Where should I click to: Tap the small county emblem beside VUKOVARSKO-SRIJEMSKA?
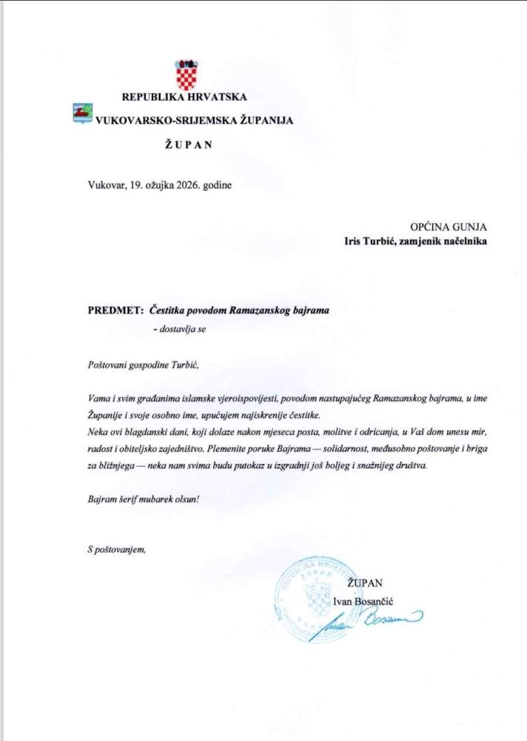[81, 113]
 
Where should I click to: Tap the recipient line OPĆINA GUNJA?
[449, 227]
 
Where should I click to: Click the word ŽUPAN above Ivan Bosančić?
[368, 582]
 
